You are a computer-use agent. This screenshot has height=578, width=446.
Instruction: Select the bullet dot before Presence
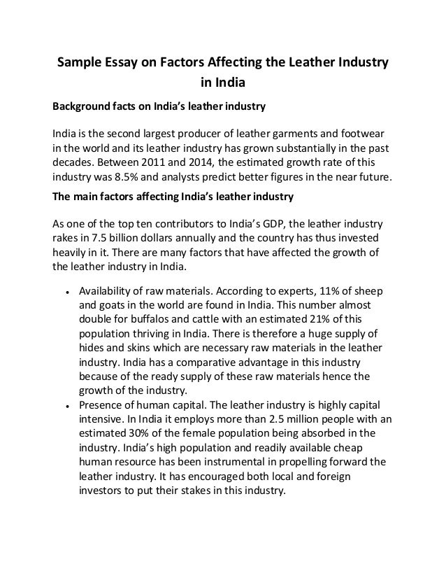(65, 405)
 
